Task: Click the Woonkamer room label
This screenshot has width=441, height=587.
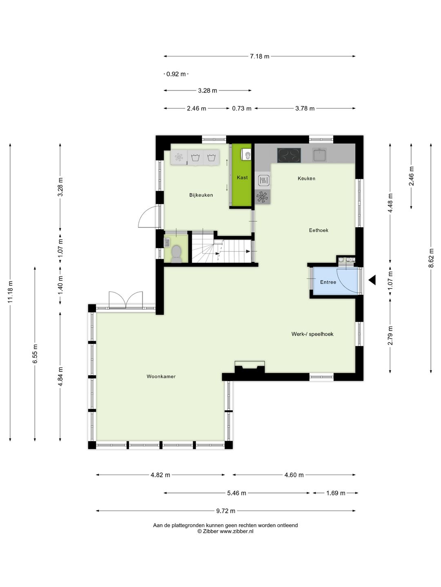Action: click(x=161, y=376)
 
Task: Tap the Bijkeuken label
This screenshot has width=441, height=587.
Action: click(x=201, y=195)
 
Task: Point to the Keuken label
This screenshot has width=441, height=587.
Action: click(x=306, y=178)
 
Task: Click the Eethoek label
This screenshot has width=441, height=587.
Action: click(x=318, y=230)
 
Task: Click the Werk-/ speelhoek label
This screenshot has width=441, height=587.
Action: click(x=312, y=334)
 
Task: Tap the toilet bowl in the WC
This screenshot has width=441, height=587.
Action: click(x=176, y=252)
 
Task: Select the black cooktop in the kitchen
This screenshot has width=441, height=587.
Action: click(x=289, y=155)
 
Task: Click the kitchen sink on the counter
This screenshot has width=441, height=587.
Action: click(x=319, y=155)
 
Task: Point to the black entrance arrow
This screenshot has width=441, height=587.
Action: click(x=372, y=280)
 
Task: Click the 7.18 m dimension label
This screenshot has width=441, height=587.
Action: click(x=259, y=56)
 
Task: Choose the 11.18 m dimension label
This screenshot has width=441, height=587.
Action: click(x=10, y=292)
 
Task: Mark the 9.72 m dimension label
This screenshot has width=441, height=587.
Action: click(x=225, y=511)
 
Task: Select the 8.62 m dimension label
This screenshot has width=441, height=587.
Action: click(x=431, y=258)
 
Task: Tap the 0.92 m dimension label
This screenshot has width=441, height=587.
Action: click(x=176, y=74)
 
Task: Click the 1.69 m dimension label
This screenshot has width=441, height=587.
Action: click(x=336, y=493)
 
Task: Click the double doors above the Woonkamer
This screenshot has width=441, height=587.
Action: click(x=126, y=300)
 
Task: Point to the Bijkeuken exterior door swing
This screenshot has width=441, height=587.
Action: click(x=149, y=217)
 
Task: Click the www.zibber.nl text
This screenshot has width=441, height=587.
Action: click(x=236, y=532)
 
